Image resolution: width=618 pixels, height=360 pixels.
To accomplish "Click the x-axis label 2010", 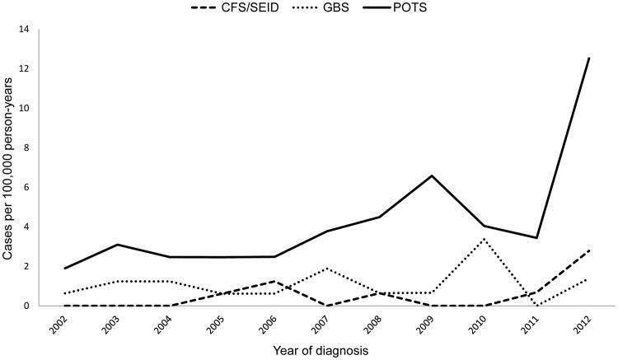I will coord(473,324).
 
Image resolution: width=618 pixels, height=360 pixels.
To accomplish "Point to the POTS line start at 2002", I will coord(63,268).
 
